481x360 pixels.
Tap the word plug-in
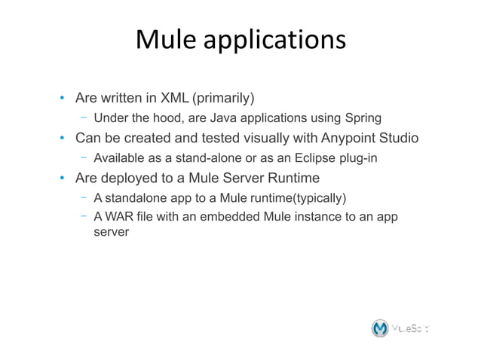pyautogui.click(x=354, y=158)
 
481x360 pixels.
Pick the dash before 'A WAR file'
pyautogui.click(x=82, y=218)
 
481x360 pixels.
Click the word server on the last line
pyautogui.click(x=111, y=233)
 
